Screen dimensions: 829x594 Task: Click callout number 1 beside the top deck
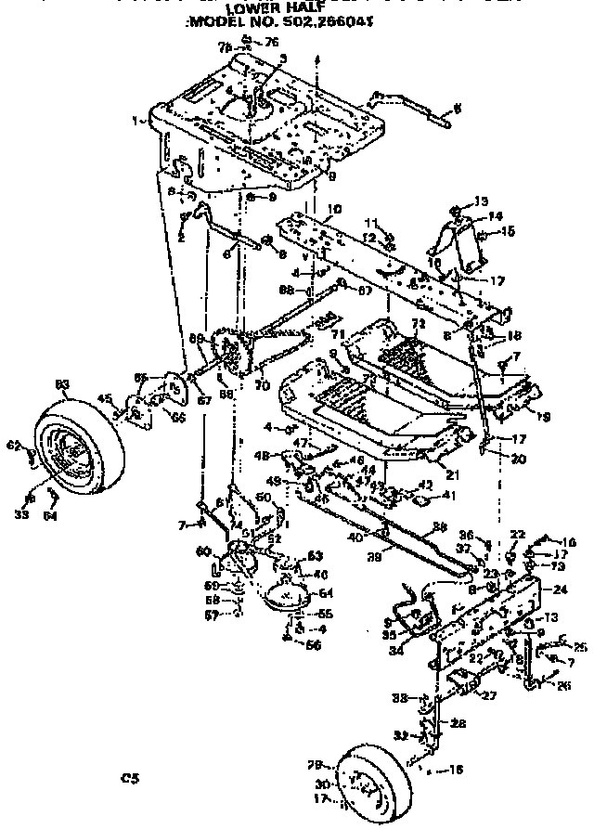tap(136, 120)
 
